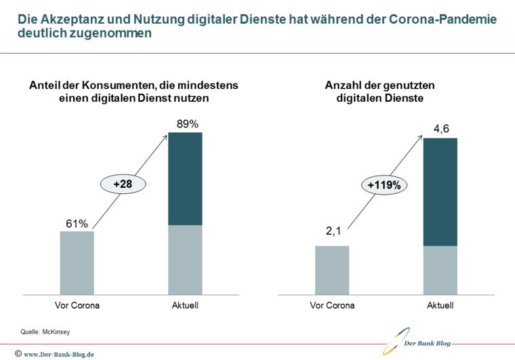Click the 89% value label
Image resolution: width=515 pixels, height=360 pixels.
click(x=186, y=124)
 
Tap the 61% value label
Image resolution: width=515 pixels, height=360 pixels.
click(x=77, y=223)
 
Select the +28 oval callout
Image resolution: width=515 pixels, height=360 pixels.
click(x=123, y=183)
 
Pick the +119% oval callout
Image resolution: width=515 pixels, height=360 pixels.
click(x=384, y=184)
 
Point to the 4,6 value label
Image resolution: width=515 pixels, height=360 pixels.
click(x=440, y=129)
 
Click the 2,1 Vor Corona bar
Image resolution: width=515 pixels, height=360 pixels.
click(x=332, y=270)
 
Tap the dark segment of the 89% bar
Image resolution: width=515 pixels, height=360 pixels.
click(x=185, y=178)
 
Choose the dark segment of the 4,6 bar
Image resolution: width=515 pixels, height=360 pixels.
click(x=440, y=192)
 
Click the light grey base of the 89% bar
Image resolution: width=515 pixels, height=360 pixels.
click(x=185, y=260)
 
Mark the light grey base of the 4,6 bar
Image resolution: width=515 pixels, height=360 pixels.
click(x=440, y=270)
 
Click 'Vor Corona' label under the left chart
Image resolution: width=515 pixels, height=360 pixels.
click(x=77, y=305)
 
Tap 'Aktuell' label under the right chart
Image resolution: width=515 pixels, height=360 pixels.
click(x=440, y=305)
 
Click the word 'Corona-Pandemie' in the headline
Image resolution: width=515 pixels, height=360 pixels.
click(x=443, y=19)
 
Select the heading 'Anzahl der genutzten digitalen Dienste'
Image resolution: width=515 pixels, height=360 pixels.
click(x=379, y=92)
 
